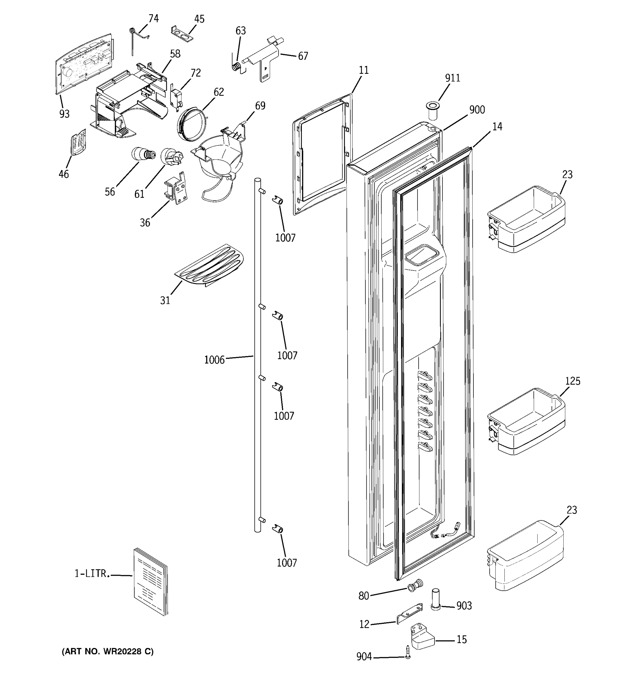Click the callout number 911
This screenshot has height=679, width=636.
pyautogui.click(x=453, y=78)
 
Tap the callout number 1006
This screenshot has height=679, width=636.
pyautogui.click(x=214, y=360)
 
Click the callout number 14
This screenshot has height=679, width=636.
pyautogui.click(x=497, y=127)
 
